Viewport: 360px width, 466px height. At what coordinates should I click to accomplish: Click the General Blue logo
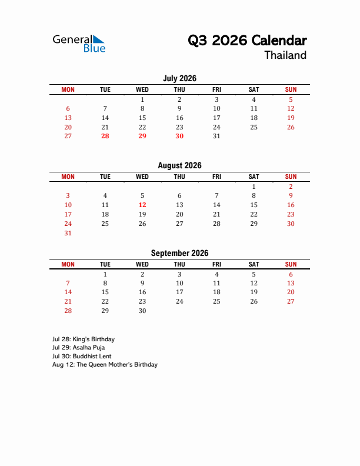tap(79, 44)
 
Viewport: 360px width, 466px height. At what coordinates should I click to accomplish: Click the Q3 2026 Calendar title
tap(247, 41)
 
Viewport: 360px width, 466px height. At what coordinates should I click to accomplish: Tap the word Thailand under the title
tap(285, 55)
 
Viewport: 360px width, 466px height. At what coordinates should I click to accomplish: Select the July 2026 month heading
tap(179, 78)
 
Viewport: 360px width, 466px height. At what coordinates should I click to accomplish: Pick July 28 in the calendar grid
tap(105, 136)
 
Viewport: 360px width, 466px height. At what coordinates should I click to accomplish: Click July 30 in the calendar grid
tap(179, 136)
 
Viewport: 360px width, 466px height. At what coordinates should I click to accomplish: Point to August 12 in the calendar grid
tap(142, 205)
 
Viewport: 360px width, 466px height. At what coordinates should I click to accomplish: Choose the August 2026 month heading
tap(179, 165)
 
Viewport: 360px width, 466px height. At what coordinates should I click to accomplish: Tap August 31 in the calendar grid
tap(68, 233)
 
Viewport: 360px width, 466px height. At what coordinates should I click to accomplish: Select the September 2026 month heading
tap(179, 253)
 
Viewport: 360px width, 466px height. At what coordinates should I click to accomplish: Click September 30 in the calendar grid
tap(142, 311)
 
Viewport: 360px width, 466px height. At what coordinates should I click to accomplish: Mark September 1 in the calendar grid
tap(105, 274)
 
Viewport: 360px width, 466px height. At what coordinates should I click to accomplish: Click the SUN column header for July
tap(291, 89)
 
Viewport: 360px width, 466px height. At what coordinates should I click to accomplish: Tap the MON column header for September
tap(68, 264)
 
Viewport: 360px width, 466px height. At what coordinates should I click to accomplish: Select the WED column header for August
tap(142, 177)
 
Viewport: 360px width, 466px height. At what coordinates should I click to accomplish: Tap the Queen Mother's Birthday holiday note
tap(105, 365)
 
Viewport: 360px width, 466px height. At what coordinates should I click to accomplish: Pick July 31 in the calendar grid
tap(216, 136)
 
